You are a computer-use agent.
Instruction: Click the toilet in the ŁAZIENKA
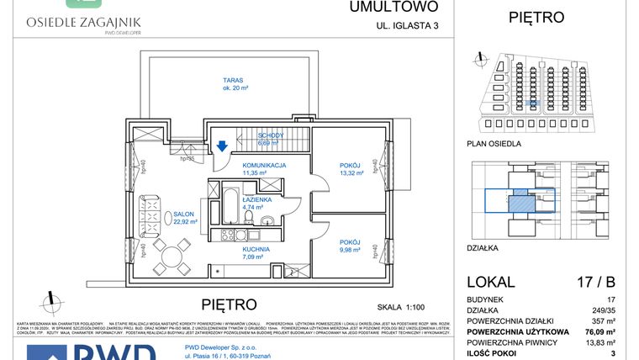pos(267,222)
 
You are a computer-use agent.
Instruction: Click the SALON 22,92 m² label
pos(185,218)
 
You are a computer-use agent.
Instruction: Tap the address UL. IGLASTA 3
pos(408,26)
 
